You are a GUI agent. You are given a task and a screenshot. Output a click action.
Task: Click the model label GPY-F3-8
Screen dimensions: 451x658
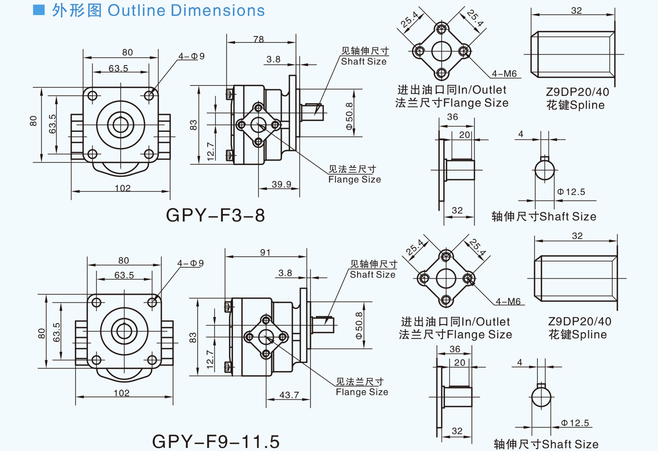tap(215, 215)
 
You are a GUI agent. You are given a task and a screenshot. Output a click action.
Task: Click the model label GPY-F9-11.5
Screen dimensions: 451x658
tap(216, 441)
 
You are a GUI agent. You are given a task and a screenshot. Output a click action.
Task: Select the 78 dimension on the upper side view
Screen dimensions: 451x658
tap(258, 39)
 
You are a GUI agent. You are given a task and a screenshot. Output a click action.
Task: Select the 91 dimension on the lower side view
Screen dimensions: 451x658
tap(265, 252)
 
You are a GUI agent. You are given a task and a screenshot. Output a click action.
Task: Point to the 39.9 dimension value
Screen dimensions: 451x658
tap(281, 184)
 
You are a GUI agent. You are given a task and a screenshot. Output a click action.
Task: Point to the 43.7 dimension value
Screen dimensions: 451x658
tap(289, 395)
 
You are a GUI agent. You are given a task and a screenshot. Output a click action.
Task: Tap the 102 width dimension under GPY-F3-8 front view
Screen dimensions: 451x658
tap(122, 188)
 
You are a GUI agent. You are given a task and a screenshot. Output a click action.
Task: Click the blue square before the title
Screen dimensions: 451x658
tap(39, 10)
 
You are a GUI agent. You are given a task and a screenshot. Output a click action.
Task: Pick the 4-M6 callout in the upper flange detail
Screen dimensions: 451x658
tap(504, 74)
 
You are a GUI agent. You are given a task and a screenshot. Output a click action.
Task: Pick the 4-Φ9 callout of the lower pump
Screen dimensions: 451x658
tap(190, 263)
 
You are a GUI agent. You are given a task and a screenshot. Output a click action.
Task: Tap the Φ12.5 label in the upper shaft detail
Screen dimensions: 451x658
tap(571, 192)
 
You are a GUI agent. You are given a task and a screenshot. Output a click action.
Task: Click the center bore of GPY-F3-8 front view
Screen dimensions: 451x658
tap(121, 125)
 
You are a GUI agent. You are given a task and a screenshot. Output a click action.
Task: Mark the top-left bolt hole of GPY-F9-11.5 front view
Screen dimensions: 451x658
tap(96, 302)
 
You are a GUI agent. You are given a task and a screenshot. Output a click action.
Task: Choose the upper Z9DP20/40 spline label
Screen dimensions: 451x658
tap(577, 92)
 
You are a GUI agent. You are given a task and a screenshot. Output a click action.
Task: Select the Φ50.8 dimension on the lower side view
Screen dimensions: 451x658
tap(359, 325)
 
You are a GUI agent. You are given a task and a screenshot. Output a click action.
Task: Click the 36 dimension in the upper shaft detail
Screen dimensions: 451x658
tap(452, 117)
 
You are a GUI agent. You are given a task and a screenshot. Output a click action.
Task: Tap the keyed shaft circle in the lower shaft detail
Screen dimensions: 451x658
tap(541, 397)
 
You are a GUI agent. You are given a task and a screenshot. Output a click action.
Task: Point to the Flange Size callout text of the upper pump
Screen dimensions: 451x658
tap(354, 179)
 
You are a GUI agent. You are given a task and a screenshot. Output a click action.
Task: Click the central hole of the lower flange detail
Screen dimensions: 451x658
tap(446, 278)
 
